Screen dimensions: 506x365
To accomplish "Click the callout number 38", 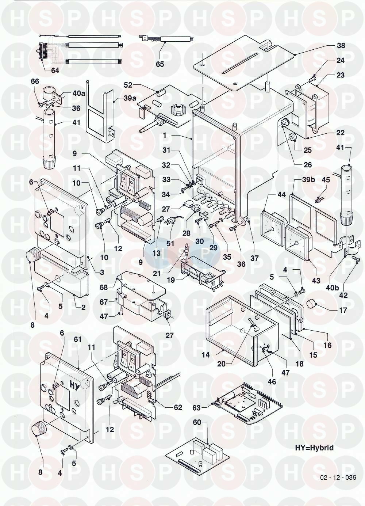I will point(341,46).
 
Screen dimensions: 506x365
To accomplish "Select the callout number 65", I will point(160,64).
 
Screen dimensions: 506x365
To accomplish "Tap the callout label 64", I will point(55,71).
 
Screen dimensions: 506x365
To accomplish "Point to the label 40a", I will point(79,94).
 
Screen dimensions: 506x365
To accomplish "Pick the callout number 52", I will point(128,85).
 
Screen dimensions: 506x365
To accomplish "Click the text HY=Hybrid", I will point(314,448).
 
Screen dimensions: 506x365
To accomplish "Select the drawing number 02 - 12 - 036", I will point(338,478).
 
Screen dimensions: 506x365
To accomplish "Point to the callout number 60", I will point(197,423).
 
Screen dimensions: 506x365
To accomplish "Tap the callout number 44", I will point(281,195).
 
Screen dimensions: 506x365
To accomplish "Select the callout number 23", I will point(341,75).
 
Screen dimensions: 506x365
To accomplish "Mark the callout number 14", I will point(205,354).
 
